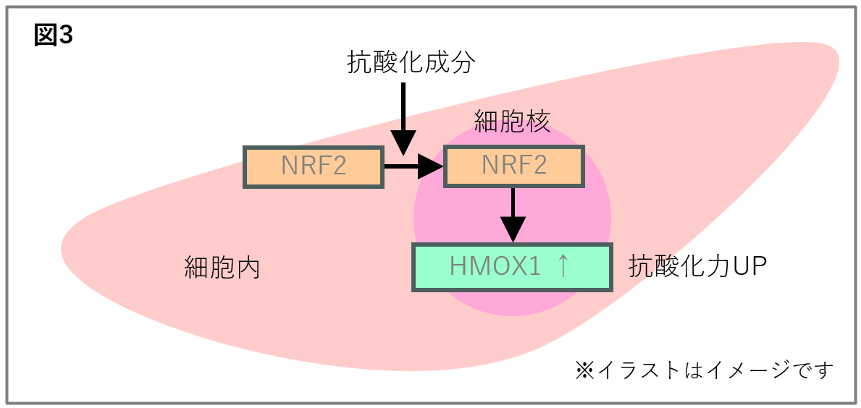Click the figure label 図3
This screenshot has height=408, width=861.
tap(53, 35)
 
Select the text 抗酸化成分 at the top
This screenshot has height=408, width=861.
tap(411, 64)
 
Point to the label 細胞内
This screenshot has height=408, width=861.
tap(222, 268)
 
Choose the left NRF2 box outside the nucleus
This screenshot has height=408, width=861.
tap(314, 167)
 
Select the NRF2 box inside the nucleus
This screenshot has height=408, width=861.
tap(513, 167)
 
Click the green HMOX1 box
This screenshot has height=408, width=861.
tap(512, 267)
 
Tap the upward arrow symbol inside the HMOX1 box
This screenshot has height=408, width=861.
tap(563, 267)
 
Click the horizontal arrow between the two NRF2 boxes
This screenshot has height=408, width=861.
tap(413, 167)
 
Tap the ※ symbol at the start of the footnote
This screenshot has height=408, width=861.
tap(584, 370)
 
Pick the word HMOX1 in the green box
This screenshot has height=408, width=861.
tap(495, 267)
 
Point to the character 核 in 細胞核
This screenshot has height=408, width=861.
tap(539, 121)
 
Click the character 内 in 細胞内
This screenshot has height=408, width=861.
tap(248, 268)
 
